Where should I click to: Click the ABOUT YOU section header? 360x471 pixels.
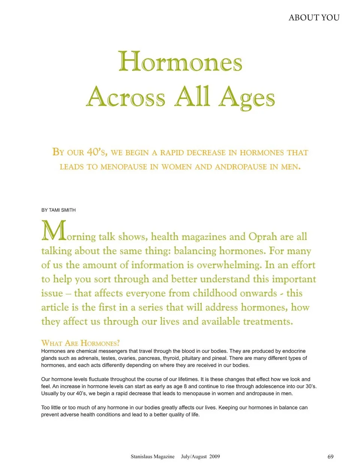(314, 18)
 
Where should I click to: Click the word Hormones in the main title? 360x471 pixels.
(180, 62)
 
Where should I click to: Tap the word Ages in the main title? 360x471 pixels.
(247, 97)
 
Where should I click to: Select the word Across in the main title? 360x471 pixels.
(126, 97)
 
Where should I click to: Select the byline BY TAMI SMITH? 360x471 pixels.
(58, 210)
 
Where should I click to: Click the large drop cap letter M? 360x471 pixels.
(54, 231)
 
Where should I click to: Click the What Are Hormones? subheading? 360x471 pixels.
(80, 343)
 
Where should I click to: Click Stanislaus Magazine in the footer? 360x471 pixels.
(153, 457)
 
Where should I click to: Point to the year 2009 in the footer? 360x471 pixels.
(214, 457)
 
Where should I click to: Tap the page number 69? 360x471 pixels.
(330, 457)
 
